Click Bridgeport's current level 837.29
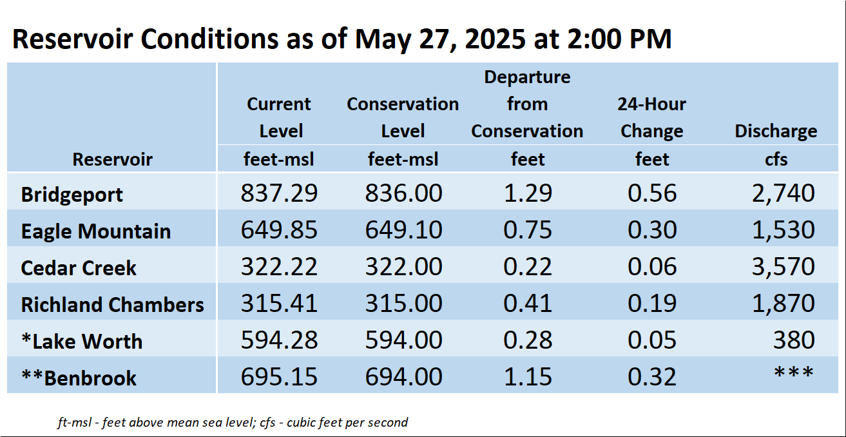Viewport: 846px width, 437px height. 279,193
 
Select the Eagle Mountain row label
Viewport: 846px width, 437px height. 96,231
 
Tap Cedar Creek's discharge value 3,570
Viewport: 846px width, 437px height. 784,267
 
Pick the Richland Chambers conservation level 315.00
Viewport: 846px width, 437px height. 403,304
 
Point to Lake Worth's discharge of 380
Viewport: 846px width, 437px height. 794,340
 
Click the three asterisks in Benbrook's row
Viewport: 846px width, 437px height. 794,373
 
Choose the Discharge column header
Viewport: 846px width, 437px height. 776,131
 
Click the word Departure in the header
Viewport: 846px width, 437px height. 527,77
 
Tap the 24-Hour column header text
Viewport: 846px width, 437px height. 651,104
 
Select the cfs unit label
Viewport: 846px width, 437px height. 776,159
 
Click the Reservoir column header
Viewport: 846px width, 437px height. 113,159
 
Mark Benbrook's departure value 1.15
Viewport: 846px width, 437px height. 528,376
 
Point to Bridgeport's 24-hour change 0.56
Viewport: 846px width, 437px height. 652,193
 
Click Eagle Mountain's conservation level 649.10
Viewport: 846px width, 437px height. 403,229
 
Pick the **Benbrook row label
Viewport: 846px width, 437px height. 79,378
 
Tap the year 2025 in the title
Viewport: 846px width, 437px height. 495,39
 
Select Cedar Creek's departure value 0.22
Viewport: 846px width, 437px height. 528,267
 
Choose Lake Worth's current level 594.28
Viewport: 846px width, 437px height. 279,340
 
